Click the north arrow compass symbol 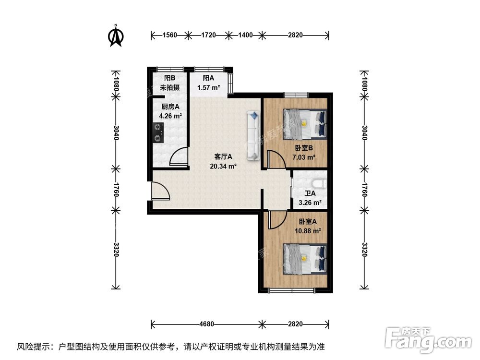pyautogui.click(x=116, y=36)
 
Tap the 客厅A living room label pyautogui.click(x=223, y=161)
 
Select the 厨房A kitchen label pyautogui.click(x=170, y=111)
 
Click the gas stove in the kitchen pyautogui.click(x=157, y=133)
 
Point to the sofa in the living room pyautogui.click(x=253, y=135)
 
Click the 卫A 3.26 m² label pyautogui.click(x=310, y=198)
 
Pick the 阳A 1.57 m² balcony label pyautogui.click(x=208, y=83)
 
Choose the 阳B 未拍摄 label pyautogui.click(x=169, y=83)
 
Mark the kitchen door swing pyautogui.click(x=178, y=157)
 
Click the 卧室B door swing pyautogui.click(x=276, y=159)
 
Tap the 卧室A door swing pyautogui.click(x=276, y=220)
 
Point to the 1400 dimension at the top pyautogui.click(x=245, y=35)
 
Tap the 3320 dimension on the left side pyautogui.click(x=116, y=249)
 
